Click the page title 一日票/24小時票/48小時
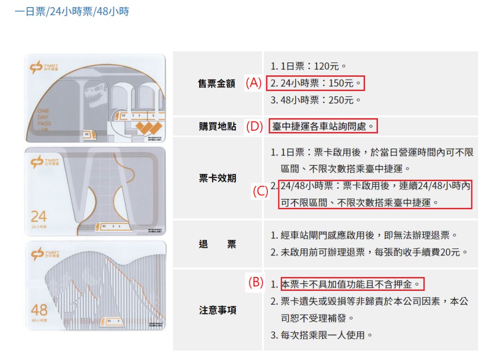[72, 11]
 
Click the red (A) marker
[254, 83]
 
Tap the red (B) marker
[256, 282]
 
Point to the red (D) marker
[254, 126]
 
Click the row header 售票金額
[217, 83]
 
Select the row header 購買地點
[217, 126]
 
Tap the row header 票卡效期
[217, 178]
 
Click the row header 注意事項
[217, 310]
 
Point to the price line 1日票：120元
[308, 66]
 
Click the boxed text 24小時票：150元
[315, 83]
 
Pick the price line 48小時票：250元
[315, 100]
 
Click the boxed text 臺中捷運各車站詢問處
[323, 126]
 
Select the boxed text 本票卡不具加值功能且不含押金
[352, 284]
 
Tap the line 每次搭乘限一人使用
[322, 335]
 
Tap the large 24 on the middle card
[39, 216]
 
